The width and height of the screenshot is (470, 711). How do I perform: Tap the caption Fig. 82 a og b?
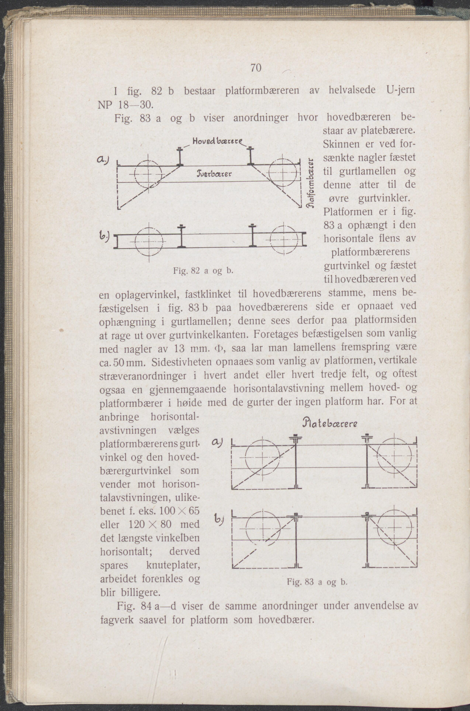(203, 271)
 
